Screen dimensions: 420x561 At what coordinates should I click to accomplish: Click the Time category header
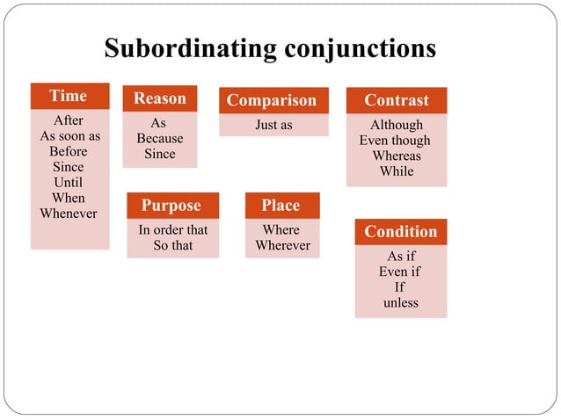(69, 96)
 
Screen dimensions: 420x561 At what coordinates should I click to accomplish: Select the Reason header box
(159, 99)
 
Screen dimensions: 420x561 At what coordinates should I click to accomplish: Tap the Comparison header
(272, 100)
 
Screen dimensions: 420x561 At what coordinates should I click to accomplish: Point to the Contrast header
(397, 100)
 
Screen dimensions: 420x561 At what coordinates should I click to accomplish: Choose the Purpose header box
(171, 206)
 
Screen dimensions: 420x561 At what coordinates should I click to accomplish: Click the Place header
(280, 206)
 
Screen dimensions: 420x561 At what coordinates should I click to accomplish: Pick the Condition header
(400, 232)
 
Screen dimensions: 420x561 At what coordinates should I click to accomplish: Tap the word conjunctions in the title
(361, 47)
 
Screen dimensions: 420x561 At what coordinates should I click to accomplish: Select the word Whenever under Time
(69, 214)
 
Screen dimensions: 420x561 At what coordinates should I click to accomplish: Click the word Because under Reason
(160, 139)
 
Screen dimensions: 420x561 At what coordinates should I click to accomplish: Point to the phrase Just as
(273, 125)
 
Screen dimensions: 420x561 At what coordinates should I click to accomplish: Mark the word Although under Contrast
(397, 125)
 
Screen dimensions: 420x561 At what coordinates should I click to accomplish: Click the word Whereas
(397, 156)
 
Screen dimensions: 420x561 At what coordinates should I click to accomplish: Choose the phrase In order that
(173, 230)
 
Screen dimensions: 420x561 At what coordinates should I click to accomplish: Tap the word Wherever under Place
(282, 245)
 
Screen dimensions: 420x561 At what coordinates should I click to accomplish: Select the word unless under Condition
(401, 303)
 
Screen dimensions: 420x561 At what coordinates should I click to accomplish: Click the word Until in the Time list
(69, 182)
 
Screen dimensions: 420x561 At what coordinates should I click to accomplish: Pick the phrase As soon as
(70, 136)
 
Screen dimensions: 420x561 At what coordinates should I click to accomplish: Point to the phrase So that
(173, 245)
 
